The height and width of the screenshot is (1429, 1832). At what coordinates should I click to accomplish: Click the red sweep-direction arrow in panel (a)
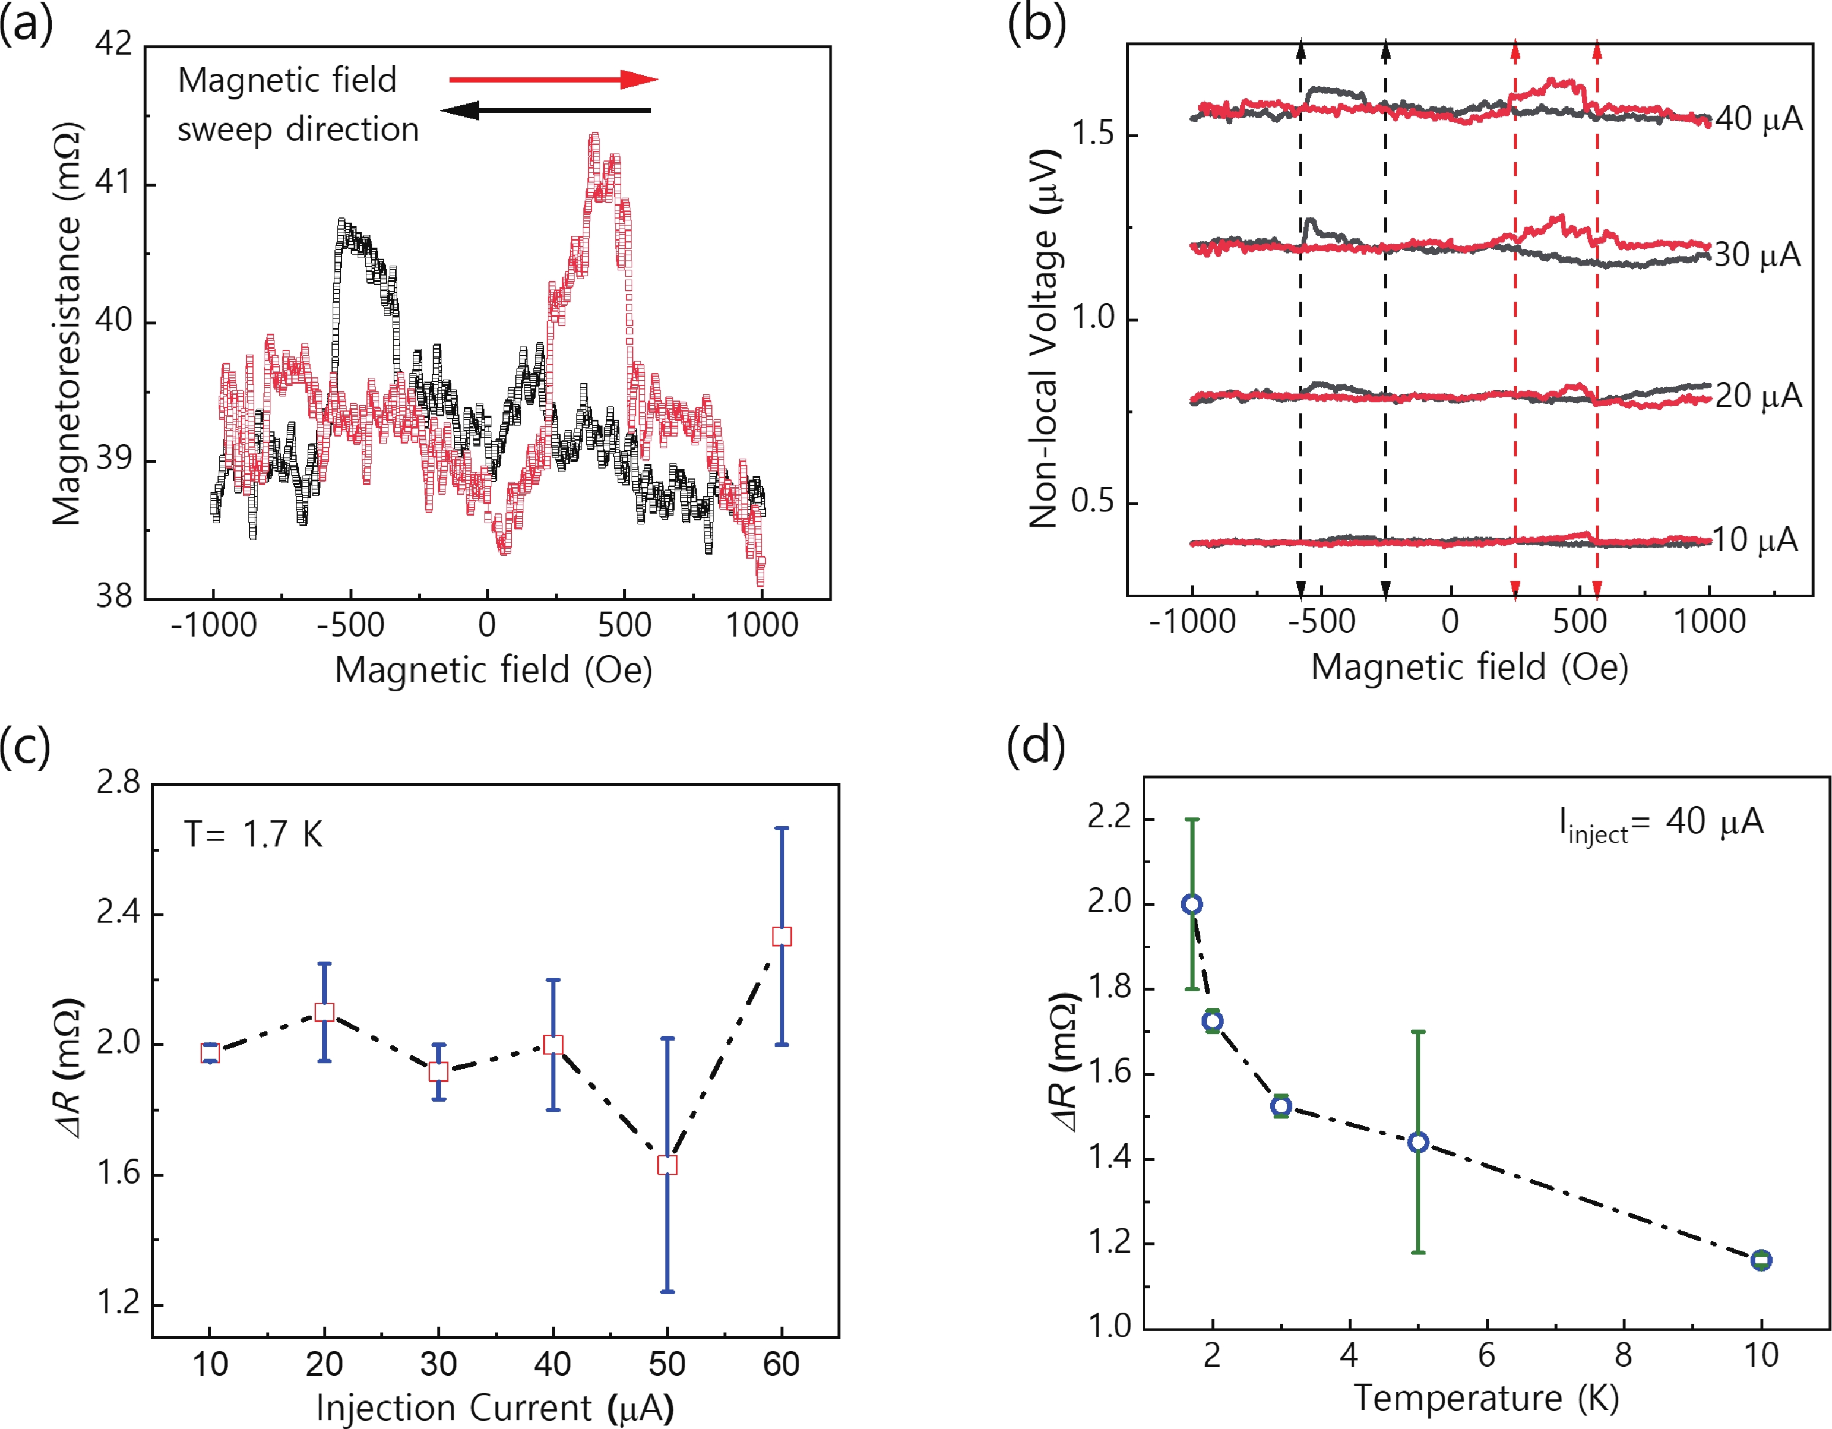554,80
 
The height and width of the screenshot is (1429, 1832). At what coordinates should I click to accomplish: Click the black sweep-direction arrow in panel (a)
546,110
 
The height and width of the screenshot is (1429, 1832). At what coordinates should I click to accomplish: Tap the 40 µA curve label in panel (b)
1758,120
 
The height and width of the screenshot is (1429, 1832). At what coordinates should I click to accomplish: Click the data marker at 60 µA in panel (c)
782,937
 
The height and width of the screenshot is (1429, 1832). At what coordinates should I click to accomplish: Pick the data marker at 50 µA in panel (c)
667,1165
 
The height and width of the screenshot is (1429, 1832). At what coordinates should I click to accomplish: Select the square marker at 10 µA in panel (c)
211,1053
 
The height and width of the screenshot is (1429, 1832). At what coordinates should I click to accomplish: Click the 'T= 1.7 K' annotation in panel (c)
254,834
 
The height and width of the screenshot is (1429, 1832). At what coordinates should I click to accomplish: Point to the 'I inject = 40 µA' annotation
1661,824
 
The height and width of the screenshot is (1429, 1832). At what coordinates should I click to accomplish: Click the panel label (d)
1036,745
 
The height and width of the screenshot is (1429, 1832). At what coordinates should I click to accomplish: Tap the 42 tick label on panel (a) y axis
114,43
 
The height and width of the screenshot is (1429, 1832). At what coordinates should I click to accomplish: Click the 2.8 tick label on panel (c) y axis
118,783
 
